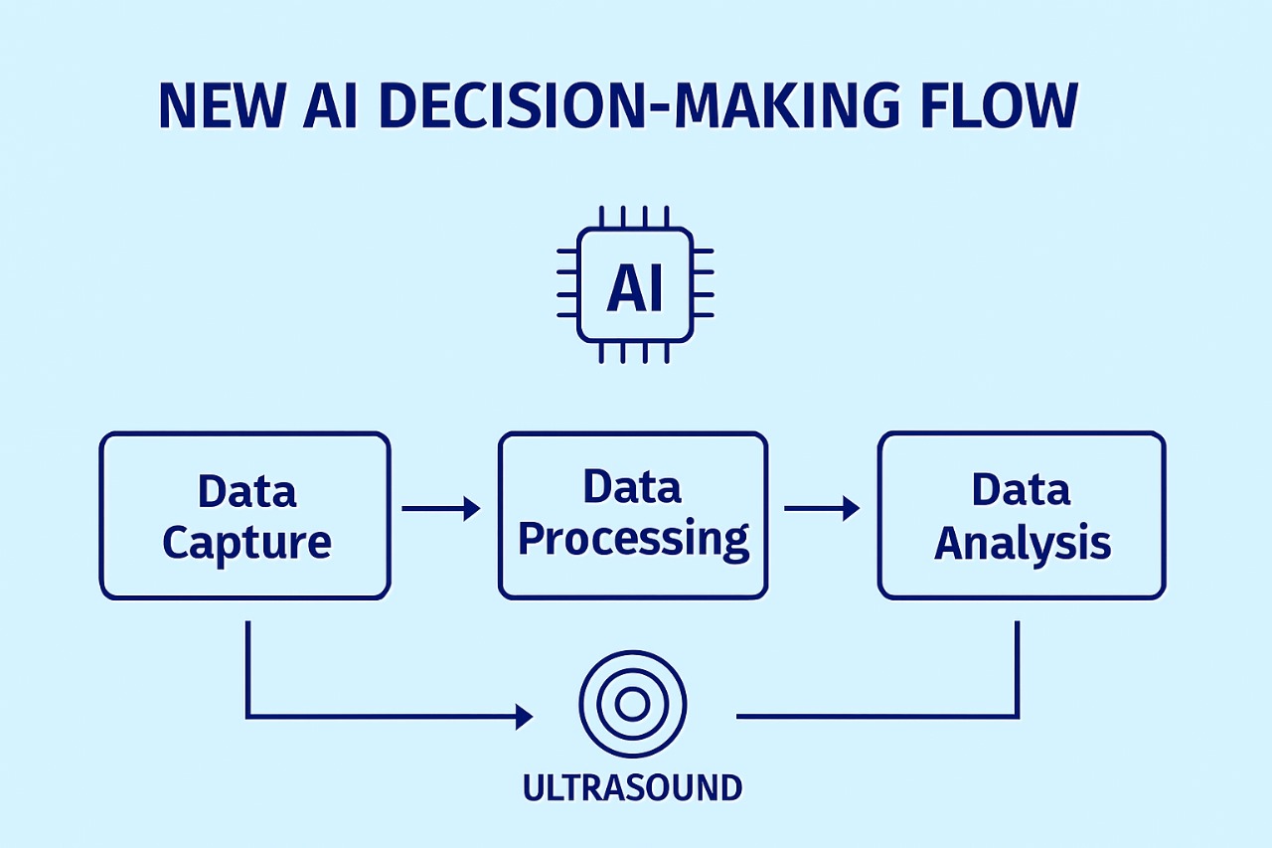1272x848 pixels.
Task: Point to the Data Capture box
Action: [x=244, y=515]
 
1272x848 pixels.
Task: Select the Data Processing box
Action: [x=632, y=515]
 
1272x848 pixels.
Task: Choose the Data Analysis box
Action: [x=1021, y=515]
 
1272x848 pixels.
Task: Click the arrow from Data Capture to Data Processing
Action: [x=441, y=509]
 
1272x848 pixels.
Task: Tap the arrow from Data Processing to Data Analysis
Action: [x=822, y=509]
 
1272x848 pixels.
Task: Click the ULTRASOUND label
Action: [x=632, y=788]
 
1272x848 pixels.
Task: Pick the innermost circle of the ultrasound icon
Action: [x=632, y=704]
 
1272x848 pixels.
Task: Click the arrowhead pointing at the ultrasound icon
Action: [x=524, y=716]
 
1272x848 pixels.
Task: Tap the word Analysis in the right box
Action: [x=1023, y=543]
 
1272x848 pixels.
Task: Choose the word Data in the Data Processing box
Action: [x=632, y=487]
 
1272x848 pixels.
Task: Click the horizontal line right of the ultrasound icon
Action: [x=874, y=715]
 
